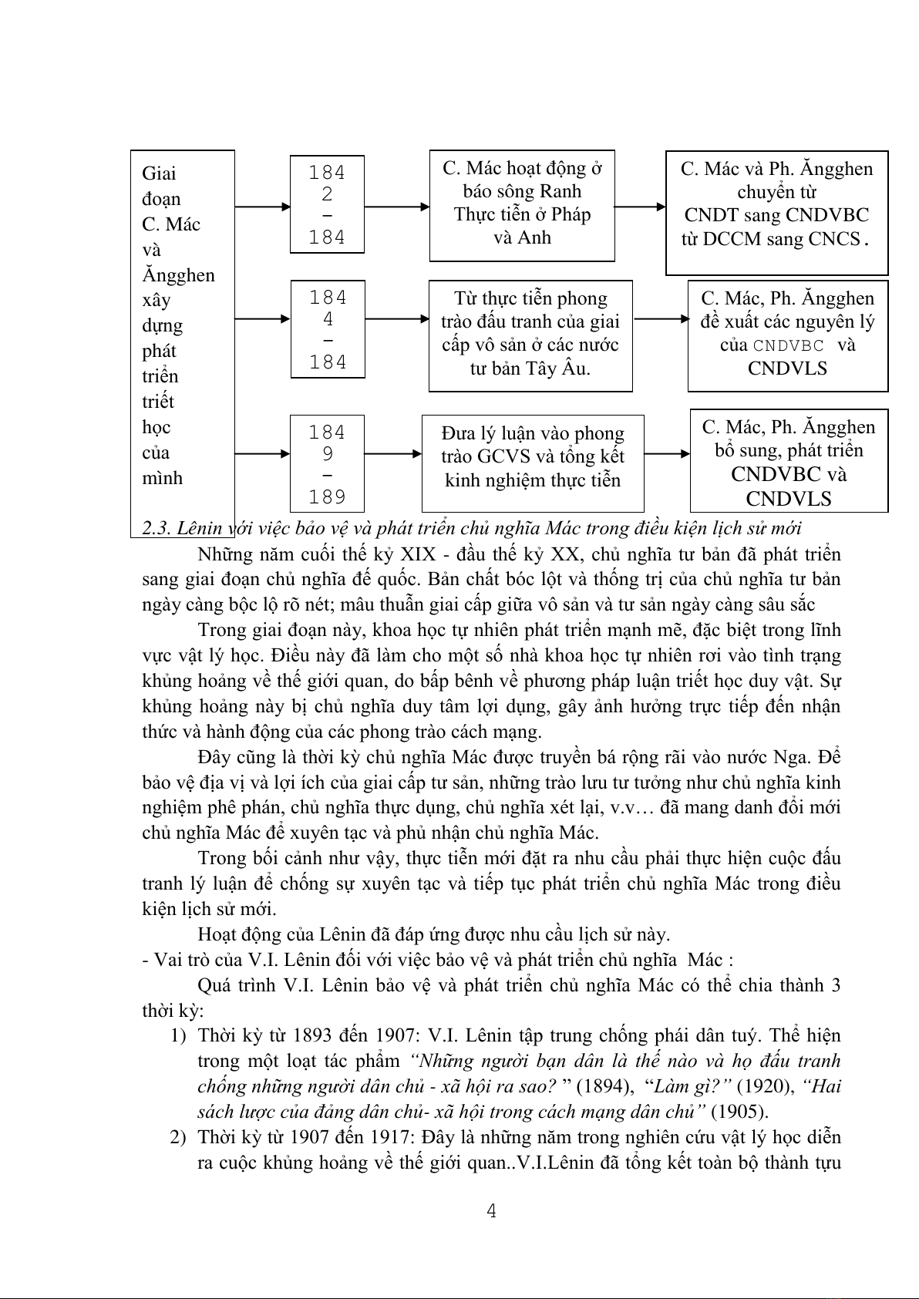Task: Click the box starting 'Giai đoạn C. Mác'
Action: [182, 324]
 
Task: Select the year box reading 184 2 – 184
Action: [327, 205]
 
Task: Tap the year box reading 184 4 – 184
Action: [328, 329]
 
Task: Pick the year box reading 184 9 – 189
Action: [327, 464]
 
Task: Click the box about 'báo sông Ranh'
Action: [522, 205]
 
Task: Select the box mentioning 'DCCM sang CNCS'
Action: [776, 213]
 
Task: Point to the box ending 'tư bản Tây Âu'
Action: [530, 335]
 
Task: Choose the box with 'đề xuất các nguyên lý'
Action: [787, 335]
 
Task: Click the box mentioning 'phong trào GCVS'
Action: [533, 463]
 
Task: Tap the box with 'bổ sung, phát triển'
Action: [789, 461]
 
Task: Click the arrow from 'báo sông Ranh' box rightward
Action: [640, 207]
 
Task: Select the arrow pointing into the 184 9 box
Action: [262, 454]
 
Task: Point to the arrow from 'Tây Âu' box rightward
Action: [660, 318]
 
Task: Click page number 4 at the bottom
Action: [491, 1211]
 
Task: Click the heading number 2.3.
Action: [156, 528]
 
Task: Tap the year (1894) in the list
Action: [600, 1086]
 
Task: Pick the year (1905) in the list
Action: [739, 1112]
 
